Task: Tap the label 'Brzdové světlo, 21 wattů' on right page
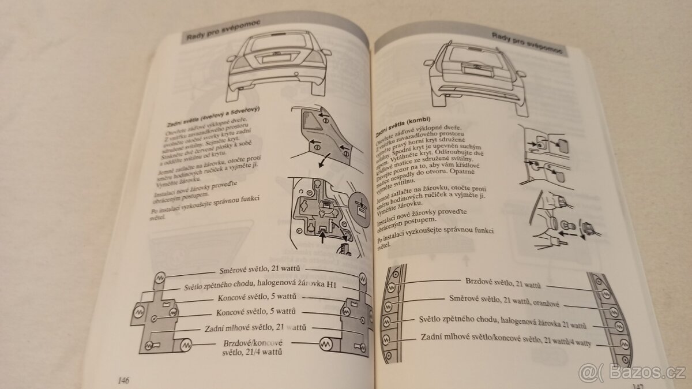point(502,283)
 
